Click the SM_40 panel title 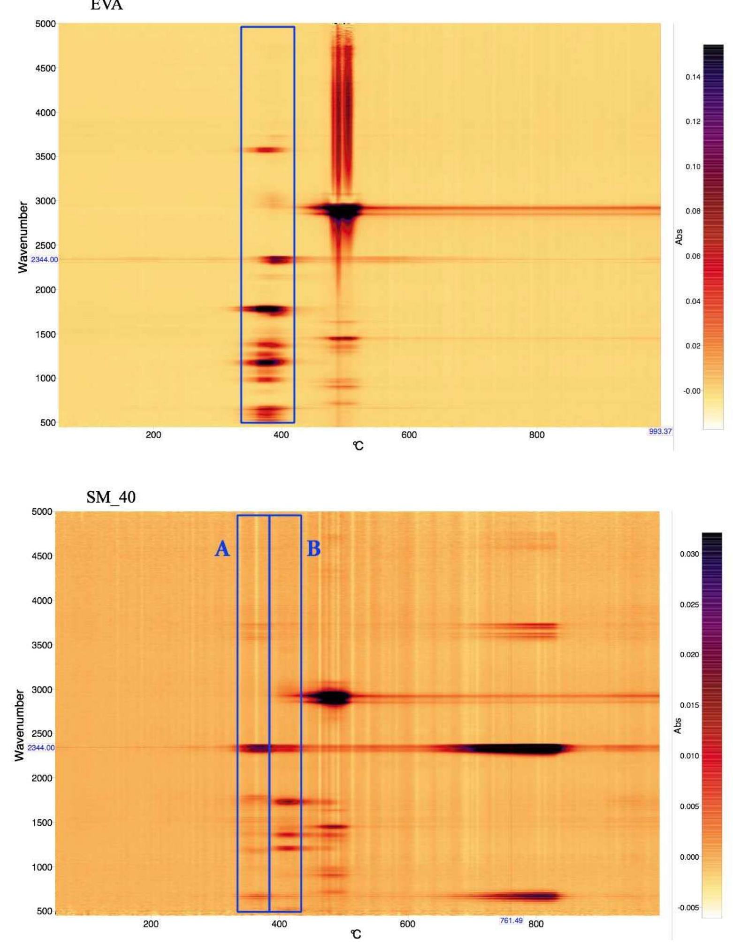[x=111, y=497]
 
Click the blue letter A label [x=222, y=548]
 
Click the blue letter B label [x=313, y=548]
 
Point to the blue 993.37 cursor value [x=660, y=431]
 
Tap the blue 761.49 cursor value [x=511, y=920]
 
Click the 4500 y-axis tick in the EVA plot [x=46, y=69]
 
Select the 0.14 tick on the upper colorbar [x=693, y=77]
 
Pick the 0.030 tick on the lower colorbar [x=689, y=554]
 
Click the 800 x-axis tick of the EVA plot [x=536, y=435]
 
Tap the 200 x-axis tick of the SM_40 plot [x=151, y=924]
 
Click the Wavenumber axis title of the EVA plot [x=23, y=237]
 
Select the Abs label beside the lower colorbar [x=677, y=726]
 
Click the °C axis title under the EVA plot [x=358, y=446]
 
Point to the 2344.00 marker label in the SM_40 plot [x=41, y=747]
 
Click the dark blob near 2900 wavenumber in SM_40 [x=332, y=697]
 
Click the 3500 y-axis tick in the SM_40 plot [x=42, y=645]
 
